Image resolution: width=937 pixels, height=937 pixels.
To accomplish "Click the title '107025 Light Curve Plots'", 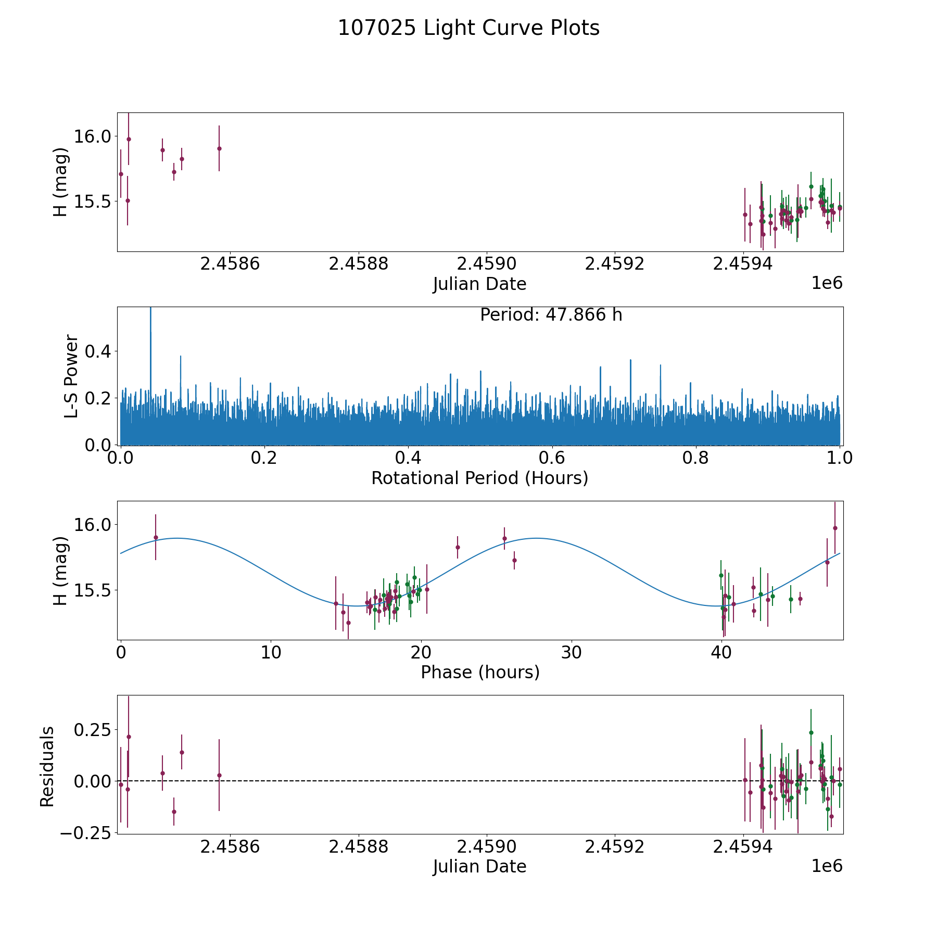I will click(468, 28).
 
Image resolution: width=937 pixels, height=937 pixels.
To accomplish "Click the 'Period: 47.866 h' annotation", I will click(551, 315).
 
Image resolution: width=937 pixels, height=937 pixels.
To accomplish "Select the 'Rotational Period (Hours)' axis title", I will click(479, 478).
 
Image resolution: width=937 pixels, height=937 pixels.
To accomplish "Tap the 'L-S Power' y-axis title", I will click(71, 376).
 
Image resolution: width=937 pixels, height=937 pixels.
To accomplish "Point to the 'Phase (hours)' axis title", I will click(480, 672).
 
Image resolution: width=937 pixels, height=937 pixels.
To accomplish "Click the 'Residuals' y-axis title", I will click(47, 766).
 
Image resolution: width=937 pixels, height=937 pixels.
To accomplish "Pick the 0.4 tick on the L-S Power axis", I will click(97, 351).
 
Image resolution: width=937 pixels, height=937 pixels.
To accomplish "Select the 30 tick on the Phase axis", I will click(571, 653).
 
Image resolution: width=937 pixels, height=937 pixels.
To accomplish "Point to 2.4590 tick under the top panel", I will click(487, 264).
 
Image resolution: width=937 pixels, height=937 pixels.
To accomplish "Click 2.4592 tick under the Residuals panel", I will click(615, 847).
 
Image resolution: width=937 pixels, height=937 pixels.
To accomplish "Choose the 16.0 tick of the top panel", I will click(93, 136).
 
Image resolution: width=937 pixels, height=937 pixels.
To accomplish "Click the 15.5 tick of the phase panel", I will click(93, 590).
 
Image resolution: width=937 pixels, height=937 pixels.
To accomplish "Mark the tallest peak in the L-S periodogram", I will click(150, 309).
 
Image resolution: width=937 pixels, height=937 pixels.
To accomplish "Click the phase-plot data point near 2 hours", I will click(156, 537).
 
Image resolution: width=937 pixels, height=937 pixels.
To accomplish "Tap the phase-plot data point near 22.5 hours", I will click(458, 547).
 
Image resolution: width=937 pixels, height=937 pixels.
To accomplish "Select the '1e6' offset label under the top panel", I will click(827, 283).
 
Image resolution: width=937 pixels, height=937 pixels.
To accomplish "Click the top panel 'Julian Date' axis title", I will click(479, 284).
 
